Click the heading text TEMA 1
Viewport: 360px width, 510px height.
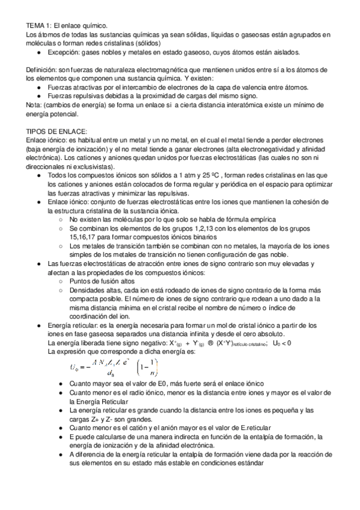pyautogui.click(x=38, y=26)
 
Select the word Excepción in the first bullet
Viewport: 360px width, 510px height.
pyautogui.click(x=64, y=52)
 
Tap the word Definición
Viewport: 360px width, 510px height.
pyautogui.click(x=43, y=70)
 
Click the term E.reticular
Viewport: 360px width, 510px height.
pyautogui.click(x=231, y=428)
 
